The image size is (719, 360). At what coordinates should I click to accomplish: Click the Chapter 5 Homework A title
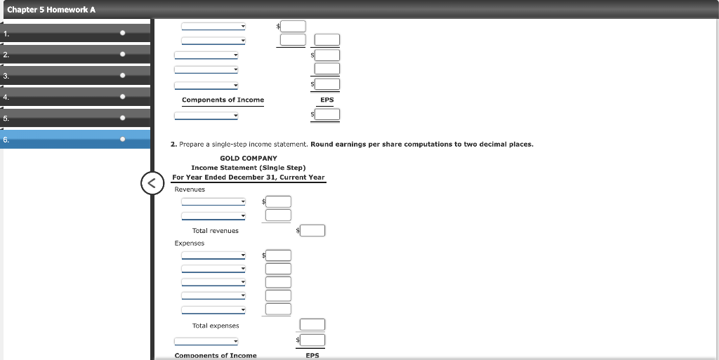(51, 9)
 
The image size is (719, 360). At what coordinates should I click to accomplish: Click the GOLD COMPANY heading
(249, 159)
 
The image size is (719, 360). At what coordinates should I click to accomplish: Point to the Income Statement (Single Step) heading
(249, 168)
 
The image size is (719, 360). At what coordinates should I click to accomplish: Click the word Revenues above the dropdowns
(190, 189)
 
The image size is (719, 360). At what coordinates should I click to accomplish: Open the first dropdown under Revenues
(213, 202)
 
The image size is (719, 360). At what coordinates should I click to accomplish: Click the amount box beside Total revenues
(314, 230)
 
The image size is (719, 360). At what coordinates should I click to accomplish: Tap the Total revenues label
(216, 231)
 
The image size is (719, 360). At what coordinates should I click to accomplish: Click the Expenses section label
(190, 244)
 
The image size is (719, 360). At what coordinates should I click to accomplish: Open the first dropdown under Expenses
(213, 255)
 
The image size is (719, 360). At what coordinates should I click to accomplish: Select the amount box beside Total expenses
(312, 324)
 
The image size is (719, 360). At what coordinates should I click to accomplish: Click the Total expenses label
(216, 326)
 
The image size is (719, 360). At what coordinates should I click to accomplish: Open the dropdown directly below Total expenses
(206, 341)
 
